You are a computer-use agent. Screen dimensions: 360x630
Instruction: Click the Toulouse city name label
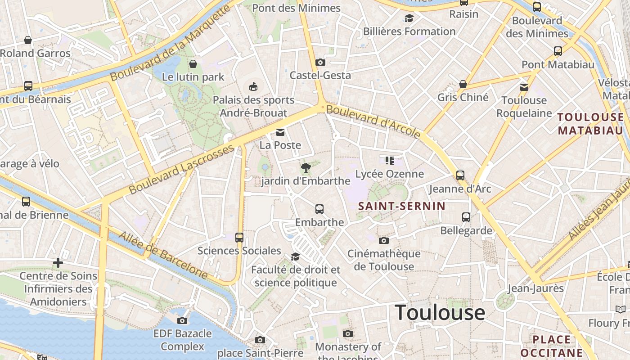tap(440, 312)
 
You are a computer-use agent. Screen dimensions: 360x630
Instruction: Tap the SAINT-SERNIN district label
tap(401, 206)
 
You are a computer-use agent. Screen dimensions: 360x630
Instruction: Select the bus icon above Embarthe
tap(319, 209)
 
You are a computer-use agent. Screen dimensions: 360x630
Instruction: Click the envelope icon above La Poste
tap(280, 132)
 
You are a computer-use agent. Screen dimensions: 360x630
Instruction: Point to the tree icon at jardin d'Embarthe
tap(306, 168)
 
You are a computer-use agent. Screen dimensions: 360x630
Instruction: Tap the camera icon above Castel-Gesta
tap(320, 62)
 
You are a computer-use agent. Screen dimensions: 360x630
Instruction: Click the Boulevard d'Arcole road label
tap(373, 121)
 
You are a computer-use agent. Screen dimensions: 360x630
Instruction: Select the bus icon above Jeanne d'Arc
tap(460, 175)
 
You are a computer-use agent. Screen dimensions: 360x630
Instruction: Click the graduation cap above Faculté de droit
tap(295, 256)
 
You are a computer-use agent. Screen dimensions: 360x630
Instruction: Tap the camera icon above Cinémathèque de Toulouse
tap(384, 240)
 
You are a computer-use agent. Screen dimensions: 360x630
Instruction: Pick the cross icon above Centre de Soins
tap(58, 263)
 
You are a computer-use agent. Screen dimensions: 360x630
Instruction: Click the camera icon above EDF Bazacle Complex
tap(182, 320)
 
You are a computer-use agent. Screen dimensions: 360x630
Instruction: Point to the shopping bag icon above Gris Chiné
tap(463, 84)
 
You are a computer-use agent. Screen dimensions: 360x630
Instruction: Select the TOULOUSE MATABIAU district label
tap(591, 124)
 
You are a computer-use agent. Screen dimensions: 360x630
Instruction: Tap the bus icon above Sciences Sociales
tap(239, 238)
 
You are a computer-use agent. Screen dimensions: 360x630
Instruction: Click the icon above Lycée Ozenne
tap(390, 161)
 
